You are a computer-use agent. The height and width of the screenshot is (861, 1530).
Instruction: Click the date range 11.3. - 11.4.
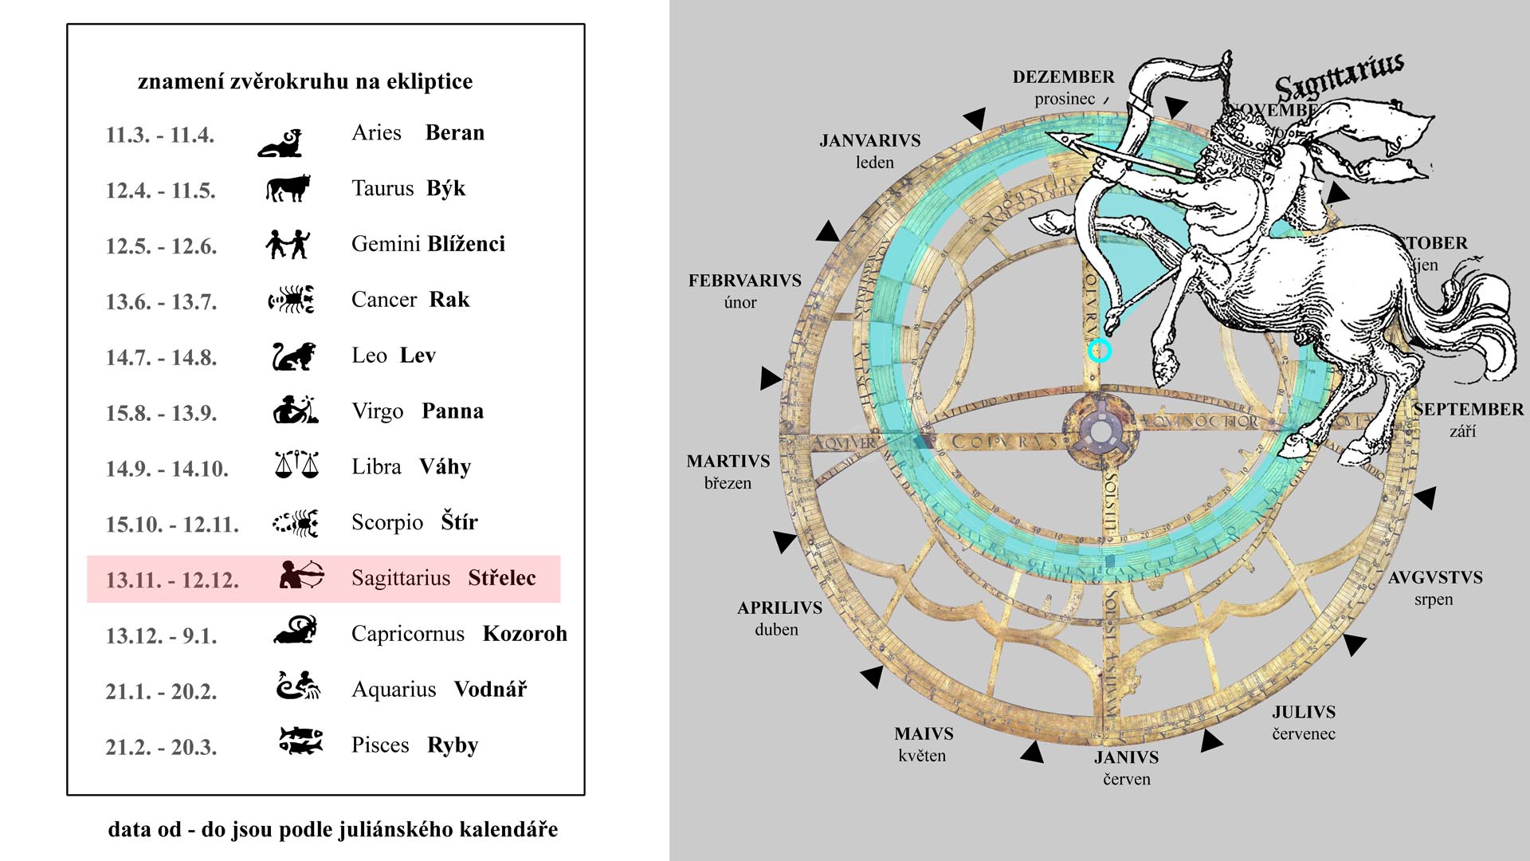160,135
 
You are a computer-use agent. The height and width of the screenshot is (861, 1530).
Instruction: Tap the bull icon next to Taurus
287,188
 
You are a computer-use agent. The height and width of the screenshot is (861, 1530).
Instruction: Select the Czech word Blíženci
466,244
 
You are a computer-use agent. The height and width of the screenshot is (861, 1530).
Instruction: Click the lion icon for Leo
293,356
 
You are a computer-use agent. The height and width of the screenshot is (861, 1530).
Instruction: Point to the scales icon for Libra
296,464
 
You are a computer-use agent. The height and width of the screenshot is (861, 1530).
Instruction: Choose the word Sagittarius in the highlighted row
401,578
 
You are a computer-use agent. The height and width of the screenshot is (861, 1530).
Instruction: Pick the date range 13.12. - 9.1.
161,636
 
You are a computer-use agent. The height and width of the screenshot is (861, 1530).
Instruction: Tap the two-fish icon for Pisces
300,740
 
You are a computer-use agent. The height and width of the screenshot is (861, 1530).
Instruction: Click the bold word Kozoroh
525,634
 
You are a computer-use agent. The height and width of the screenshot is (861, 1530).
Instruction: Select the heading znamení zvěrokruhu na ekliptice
305,81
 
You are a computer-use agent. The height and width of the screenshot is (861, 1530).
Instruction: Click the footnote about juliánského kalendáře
333,830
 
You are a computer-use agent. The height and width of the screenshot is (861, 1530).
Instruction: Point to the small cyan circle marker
1100,350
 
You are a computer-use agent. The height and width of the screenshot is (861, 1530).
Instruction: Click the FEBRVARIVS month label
744,281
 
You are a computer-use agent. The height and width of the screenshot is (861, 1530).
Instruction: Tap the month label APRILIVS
779,608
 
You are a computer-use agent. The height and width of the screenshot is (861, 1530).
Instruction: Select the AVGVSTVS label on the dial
1435,578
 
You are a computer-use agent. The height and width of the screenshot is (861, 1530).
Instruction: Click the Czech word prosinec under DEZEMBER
1065,100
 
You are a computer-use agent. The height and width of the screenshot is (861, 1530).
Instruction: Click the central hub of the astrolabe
1100,432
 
